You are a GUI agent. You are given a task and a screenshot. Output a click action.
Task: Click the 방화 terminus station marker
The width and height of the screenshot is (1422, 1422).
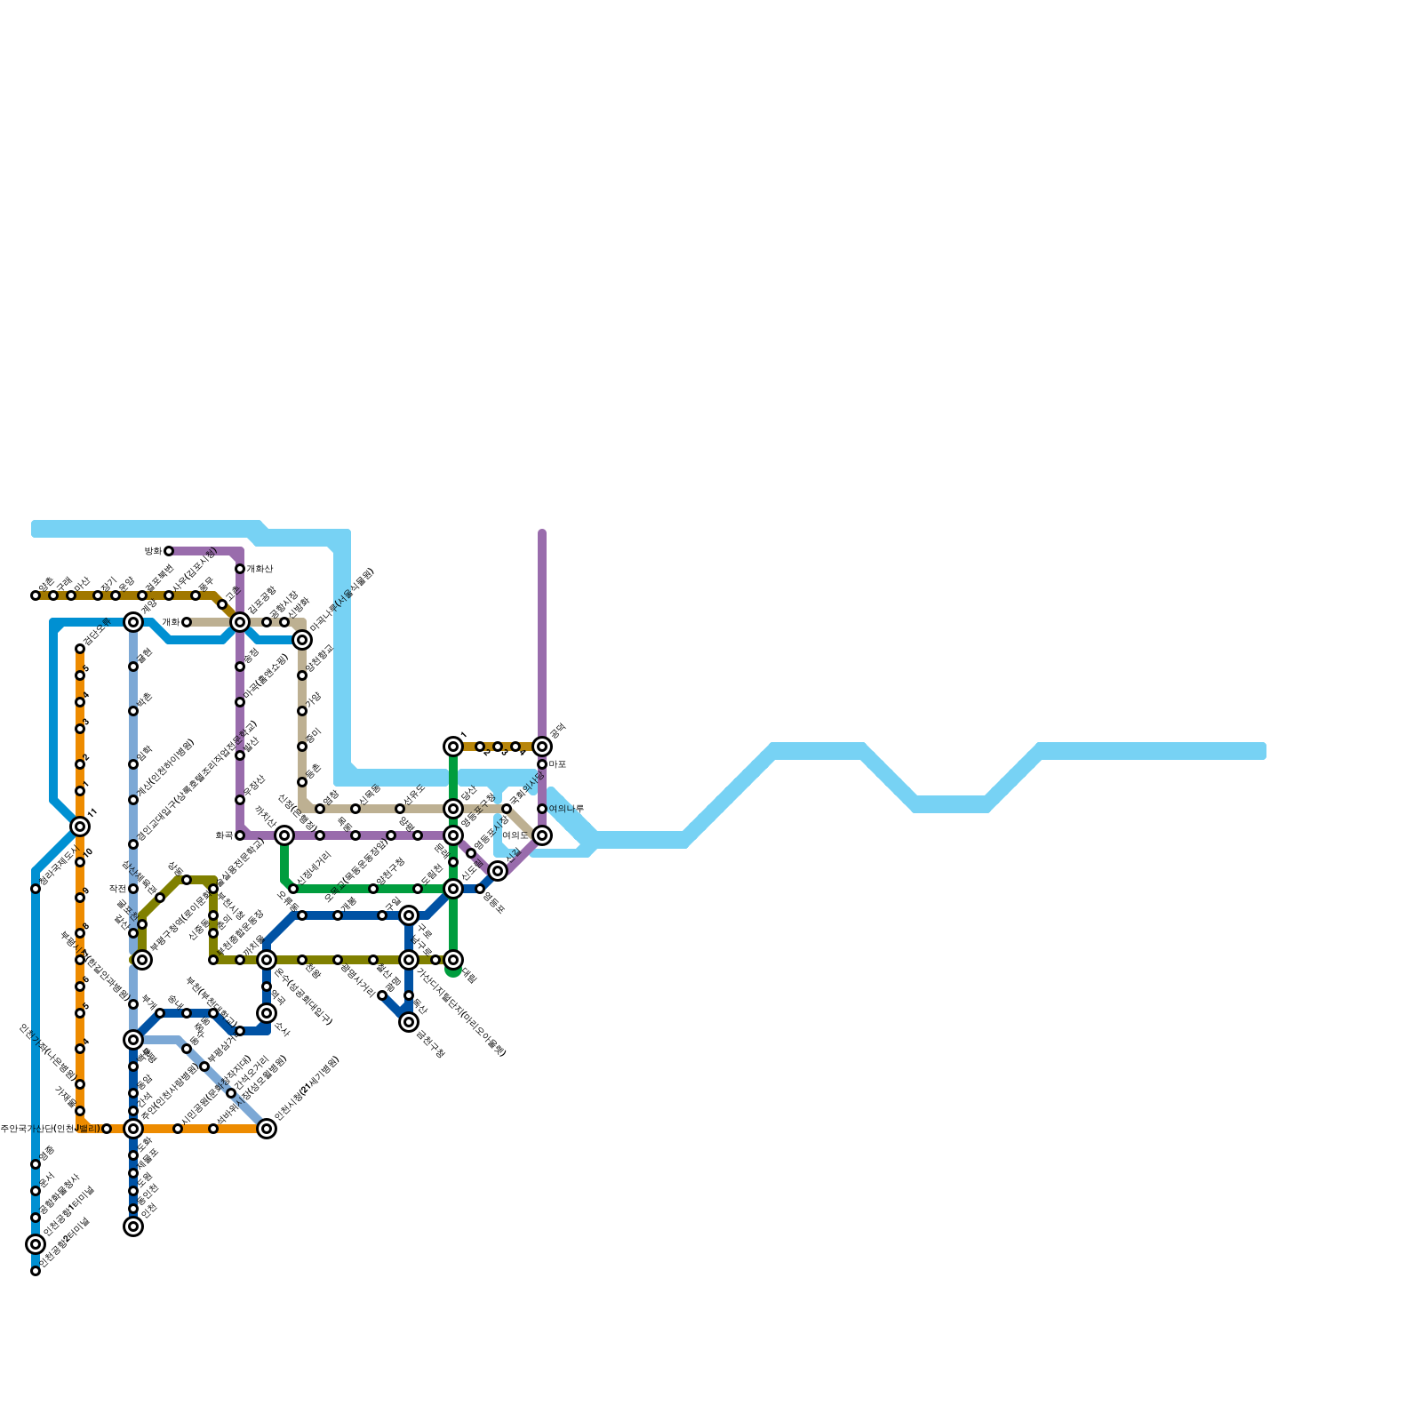[x=169, y=551]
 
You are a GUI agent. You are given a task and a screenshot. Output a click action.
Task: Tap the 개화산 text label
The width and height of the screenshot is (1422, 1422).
[x=260, y=569]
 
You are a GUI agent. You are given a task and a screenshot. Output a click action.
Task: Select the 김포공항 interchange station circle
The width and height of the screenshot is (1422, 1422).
[x=240, y=622]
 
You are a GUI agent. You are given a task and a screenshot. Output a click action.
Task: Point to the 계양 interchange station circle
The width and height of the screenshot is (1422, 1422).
[x=133, y=622]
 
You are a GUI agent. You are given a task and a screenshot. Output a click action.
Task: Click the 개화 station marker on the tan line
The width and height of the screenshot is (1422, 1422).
[x=187, y=622]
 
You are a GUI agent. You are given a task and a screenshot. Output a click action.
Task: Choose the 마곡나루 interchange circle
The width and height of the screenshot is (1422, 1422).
[x=302, y=640]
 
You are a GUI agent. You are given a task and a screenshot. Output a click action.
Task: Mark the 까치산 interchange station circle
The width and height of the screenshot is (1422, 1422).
[x=284, y=835]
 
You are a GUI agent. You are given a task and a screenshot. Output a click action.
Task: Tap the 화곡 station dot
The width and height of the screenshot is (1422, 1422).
[x=240, y=835]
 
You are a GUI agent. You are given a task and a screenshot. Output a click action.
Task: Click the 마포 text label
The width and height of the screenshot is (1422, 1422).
[x=557, y=764]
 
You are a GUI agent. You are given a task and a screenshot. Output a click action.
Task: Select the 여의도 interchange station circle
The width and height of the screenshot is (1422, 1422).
[x=542, y=835]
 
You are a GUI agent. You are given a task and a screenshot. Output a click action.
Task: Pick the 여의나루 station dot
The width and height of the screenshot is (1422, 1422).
[x=542, y=809]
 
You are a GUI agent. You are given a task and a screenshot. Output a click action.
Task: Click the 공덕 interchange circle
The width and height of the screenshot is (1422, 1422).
[x=542, y=747]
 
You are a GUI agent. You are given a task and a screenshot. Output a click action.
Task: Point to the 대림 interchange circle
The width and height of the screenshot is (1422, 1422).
[x=453, y=960]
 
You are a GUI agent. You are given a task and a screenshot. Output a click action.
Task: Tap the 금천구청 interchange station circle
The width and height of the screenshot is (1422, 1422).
[x=409, y=1022]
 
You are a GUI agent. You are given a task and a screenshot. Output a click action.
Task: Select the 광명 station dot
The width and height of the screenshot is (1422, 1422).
[x=382, y=995]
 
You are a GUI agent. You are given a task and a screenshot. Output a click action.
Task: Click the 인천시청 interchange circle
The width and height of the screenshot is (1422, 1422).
[x=267, y=1129]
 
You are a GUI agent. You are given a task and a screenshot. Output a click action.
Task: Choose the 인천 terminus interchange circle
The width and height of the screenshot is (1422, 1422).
[x=133, y=1226]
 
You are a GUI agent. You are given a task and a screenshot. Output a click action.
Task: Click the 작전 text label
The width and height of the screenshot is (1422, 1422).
[x=117, y=889]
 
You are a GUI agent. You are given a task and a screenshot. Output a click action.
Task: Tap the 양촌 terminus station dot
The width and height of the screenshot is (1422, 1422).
[x=36, y=595]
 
